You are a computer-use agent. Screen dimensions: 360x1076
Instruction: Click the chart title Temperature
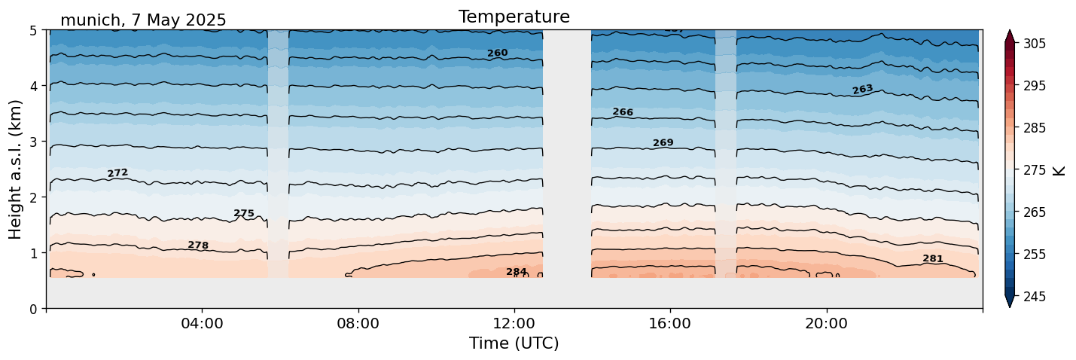514,17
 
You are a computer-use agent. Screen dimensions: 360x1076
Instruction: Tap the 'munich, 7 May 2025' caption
143,20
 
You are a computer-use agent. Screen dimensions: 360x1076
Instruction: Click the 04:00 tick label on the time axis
202,324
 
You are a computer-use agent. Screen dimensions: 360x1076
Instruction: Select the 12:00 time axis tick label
514,324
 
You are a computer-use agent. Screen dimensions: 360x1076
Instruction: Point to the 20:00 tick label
826,324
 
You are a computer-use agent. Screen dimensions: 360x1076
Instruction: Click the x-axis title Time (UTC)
514,343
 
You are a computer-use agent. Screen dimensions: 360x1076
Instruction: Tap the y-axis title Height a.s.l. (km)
16,169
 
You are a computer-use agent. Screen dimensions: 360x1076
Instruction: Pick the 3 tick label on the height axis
34,142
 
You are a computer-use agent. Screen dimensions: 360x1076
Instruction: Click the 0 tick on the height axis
34,309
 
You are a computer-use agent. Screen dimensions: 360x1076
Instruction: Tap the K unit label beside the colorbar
1059,170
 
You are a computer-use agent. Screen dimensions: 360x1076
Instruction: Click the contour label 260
497,53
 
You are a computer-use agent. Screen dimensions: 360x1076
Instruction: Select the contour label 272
117,173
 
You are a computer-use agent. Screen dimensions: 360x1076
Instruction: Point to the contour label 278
198,246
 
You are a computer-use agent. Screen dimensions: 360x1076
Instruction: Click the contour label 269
663,143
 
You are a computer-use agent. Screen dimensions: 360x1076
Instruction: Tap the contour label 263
862,90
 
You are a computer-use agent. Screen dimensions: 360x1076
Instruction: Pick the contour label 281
932,259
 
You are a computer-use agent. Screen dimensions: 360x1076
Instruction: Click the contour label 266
623,112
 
